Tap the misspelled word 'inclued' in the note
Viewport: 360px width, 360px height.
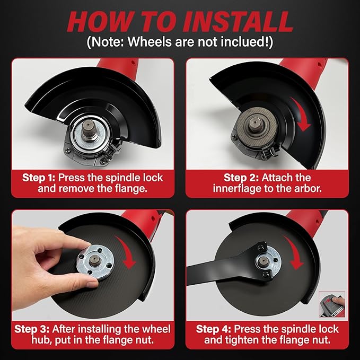[x=245, y=42]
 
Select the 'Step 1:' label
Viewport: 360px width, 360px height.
[x=40, y=177]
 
